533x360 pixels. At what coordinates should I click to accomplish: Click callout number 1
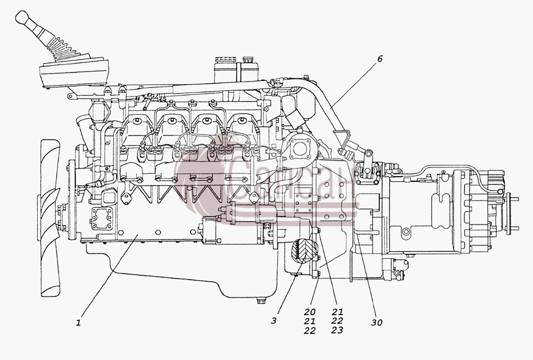click(78, 322)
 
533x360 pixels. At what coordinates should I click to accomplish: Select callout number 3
click(274, 321)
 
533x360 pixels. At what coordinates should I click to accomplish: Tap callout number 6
click(379, 59)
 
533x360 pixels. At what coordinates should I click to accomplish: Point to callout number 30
click(377, 322)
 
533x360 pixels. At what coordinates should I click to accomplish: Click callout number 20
click(310, 311)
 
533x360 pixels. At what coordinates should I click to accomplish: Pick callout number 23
click(337, 330)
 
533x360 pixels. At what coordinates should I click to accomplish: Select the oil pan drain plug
click(261, 301)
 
